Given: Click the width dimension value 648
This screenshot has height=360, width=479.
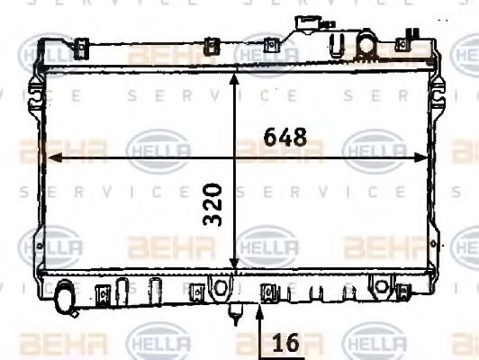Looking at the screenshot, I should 285,138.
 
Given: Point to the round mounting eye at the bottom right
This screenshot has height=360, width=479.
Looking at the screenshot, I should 382,288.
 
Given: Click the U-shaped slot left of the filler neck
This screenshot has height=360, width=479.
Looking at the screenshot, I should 338,44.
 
